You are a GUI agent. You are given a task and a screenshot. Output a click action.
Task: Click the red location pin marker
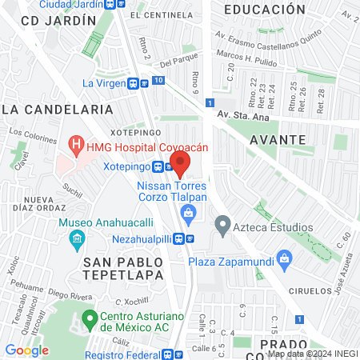click(180, 164)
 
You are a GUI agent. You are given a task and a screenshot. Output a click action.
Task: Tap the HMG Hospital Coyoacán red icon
click(77, 146)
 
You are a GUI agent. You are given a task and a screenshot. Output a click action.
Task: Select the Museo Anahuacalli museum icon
click(77, 238)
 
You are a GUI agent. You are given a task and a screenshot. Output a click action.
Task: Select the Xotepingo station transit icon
click(158, 167)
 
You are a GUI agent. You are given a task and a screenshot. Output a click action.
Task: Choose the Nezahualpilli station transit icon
click(180, 238)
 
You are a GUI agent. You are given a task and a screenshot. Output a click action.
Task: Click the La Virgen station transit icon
click(134, 82)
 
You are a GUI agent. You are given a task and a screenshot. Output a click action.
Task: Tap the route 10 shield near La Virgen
click(158, 81)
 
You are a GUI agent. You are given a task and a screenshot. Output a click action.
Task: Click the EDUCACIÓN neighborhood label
click(264, 10)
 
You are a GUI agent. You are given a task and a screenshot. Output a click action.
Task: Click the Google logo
click(27, 350)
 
